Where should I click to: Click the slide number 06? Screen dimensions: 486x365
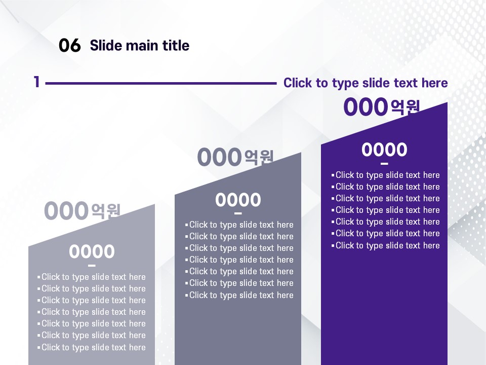pyautogui.click(x=70, y=45)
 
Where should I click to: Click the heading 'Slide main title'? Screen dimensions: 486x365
pyautogui.click(x=140, y=45)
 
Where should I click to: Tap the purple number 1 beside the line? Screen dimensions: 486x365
pyautogui.click(x=37, y=82)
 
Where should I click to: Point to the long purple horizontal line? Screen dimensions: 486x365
pyautogui.click(x=161, y=83)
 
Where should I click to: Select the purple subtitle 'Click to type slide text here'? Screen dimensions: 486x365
pyautogui.click(x=366, y=83)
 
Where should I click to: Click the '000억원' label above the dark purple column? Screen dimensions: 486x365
pyautogui.click(x=382, y=107)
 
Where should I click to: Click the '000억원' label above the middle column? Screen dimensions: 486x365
pyautogui.click(x=235, y=157)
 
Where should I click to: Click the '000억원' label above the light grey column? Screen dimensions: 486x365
pyautogui.click(x=82, y=210)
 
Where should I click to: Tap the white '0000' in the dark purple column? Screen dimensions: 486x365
pyautogui.click(x=384, y=150)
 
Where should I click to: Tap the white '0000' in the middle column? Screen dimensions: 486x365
pyautogui.click(x=238, y=200)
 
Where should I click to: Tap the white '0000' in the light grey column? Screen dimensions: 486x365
pyautogui.click(x=92, y=251)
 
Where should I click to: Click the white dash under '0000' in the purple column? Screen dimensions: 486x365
pyautogui.click(x=384, y=164)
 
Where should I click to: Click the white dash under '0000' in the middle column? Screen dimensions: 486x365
pyautogui.click(x=238, y=213)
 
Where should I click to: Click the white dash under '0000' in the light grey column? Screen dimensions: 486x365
pyautogui.click(x=92, y=265)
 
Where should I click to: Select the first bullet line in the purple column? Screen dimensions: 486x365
pyautogui.click(x=386, y=175)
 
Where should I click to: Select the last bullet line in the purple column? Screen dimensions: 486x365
pyautogui.click(x=386, y=245)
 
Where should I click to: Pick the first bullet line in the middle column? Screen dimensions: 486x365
pyautogui.click(x=239, y=225)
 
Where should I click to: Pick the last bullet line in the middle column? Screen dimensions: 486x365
pyautogui.click(x=239, y=295)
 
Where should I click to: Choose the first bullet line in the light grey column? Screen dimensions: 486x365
pyautogui.click(x=92, y=277)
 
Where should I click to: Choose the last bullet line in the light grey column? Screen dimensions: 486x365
pyautogui.click(x=92, y=347)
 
